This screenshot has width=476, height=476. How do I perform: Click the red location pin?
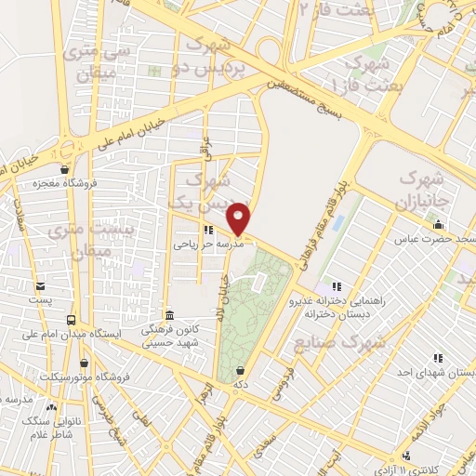click(x=239, y=218)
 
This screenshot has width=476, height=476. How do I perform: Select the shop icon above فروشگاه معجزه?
click(x=63, y=170)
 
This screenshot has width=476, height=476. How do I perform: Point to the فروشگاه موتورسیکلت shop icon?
click(x=86, y=363)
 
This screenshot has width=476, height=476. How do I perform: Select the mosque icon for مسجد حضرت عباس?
click(x=438, y=225)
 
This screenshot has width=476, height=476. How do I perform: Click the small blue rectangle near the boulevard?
click(x=336, y=223)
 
